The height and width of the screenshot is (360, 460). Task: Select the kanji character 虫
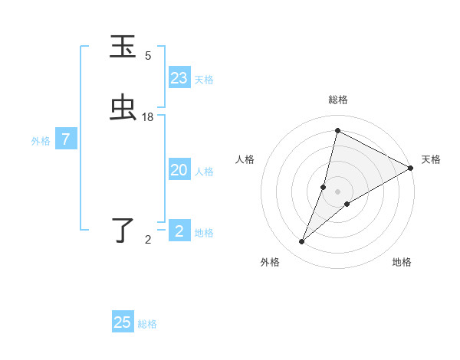click(x=123, y=109)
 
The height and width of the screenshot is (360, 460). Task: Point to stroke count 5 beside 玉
click(x=148, y=56)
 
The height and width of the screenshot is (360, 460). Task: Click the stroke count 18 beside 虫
click(x=148, y=116)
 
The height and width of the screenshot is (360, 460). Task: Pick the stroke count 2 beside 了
click(x=148, y=240)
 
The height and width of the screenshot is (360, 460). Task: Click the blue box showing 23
click(x=179, y=78)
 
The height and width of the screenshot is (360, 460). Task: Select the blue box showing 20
click(x=179, y=170)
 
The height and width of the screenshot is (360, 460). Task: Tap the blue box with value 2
click(x=179, y=231)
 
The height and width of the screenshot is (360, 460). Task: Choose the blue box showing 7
click(x=66, y=139)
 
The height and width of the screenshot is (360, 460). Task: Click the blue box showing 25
click(x=123, y=322)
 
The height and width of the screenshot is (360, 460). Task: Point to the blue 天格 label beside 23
click(x=204, y=80)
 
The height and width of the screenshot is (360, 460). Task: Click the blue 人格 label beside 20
click(x=204, y=172)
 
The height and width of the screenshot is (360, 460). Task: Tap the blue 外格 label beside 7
click(x=41, y=141)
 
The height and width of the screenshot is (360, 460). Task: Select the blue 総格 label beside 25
click(x=147, y=324)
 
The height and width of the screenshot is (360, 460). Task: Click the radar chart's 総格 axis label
click(x=337, y=100)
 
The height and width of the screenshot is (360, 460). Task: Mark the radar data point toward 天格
click(x=411, y=169)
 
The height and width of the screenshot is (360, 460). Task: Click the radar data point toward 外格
click(x=302, y=242)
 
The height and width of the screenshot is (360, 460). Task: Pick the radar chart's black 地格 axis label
click(x=402, y=262)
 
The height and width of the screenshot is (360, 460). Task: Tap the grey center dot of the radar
click(x=337, y=191)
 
